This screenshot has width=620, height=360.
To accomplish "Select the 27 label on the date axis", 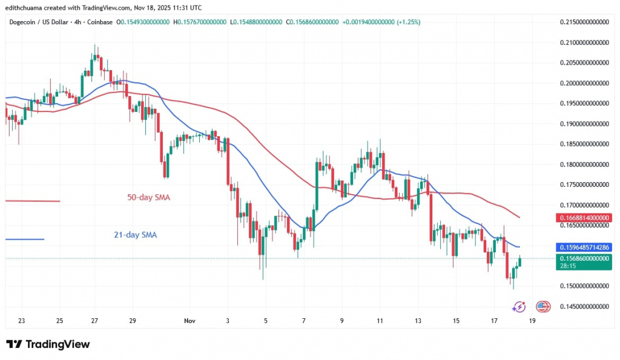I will [x=95, y=321].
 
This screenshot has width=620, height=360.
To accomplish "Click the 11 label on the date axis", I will [x=380, y=321].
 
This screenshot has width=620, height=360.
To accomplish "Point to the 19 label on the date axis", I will [x=532, y=321].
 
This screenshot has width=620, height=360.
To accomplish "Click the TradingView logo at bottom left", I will [x=48, y=344].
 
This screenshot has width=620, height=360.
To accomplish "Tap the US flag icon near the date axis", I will [x=543, y=307].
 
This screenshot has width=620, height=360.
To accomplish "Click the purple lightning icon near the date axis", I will [x=519, y=307].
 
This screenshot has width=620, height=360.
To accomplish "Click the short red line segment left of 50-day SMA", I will [x=33, y=201].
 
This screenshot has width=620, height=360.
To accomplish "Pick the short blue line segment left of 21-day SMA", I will [x=24, y=240].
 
